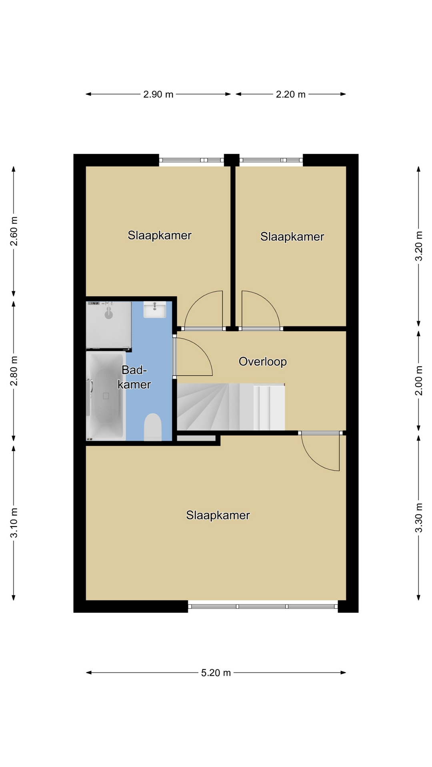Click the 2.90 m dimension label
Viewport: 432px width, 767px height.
pos(158,94)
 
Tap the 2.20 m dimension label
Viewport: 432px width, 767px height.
pos(291,94)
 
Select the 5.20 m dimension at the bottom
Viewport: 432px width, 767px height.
pos(216,673)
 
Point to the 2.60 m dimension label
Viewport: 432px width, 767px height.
pos(14,232)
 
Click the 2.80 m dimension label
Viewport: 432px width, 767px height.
pos(14,371)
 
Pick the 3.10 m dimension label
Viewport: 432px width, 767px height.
pos(14,523)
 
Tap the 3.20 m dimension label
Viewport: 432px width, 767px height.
pos(418,246)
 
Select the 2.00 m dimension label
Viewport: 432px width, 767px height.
pos(418,381)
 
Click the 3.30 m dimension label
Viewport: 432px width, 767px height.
pos(418,518)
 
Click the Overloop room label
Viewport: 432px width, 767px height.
pos(263,362)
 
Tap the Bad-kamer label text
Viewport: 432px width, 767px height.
pos(134,377)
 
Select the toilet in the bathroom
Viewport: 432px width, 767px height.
pos(152,427)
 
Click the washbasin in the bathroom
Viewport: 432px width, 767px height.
pos(155,310)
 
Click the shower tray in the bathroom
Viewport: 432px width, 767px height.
pos(109,325)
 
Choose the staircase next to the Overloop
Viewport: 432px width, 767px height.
pos(231,407)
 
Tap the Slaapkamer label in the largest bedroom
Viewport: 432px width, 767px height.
pos(218,515)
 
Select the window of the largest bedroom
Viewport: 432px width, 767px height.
pos(263,606)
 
